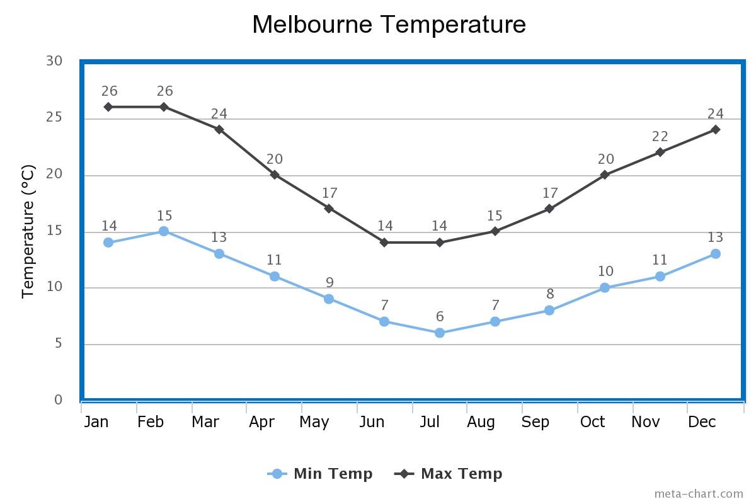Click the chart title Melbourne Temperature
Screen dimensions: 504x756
tap(389, 25)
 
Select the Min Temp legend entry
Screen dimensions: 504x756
tap(321, 474)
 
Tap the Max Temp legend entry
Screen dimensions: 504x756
tap(449, 474)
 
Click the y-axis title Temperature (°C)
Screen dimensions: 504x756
tap(28, 231)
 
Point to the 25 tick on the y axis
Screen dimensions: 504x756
tap(54, 118)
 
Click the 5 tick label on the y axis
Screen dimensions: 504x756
tap(58, 344)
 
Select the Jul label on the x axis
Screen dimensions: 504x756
tap(430, 422)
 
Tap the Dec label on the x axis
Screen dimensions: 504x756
tap(702, 422)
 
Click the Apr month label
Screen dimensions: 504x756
tap(261, 422)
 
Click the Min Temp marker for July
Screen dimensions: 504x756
tap(440, 333)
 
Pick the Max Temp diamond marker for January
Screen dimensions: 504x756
tap(108, 107)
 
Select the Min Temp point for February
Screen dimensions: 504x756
tap(164, 231)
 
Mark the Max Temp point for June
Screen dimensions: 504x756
tap(384, 243)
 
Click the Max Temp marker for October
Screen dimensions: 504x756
tap(605, 175)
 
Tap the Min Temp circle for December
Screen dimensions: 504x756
tap(716, 254)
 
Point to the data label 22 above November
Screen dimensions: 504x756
tap(660, 137)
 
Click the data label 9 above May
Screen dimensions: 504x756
tap(329, 282)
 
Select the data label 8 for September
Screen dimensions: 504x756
tap(550, 294)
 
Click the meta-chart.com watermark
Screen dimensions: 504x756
tap(698, 493)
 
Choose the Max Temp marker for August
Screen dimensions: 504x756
tap(495, 231)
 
